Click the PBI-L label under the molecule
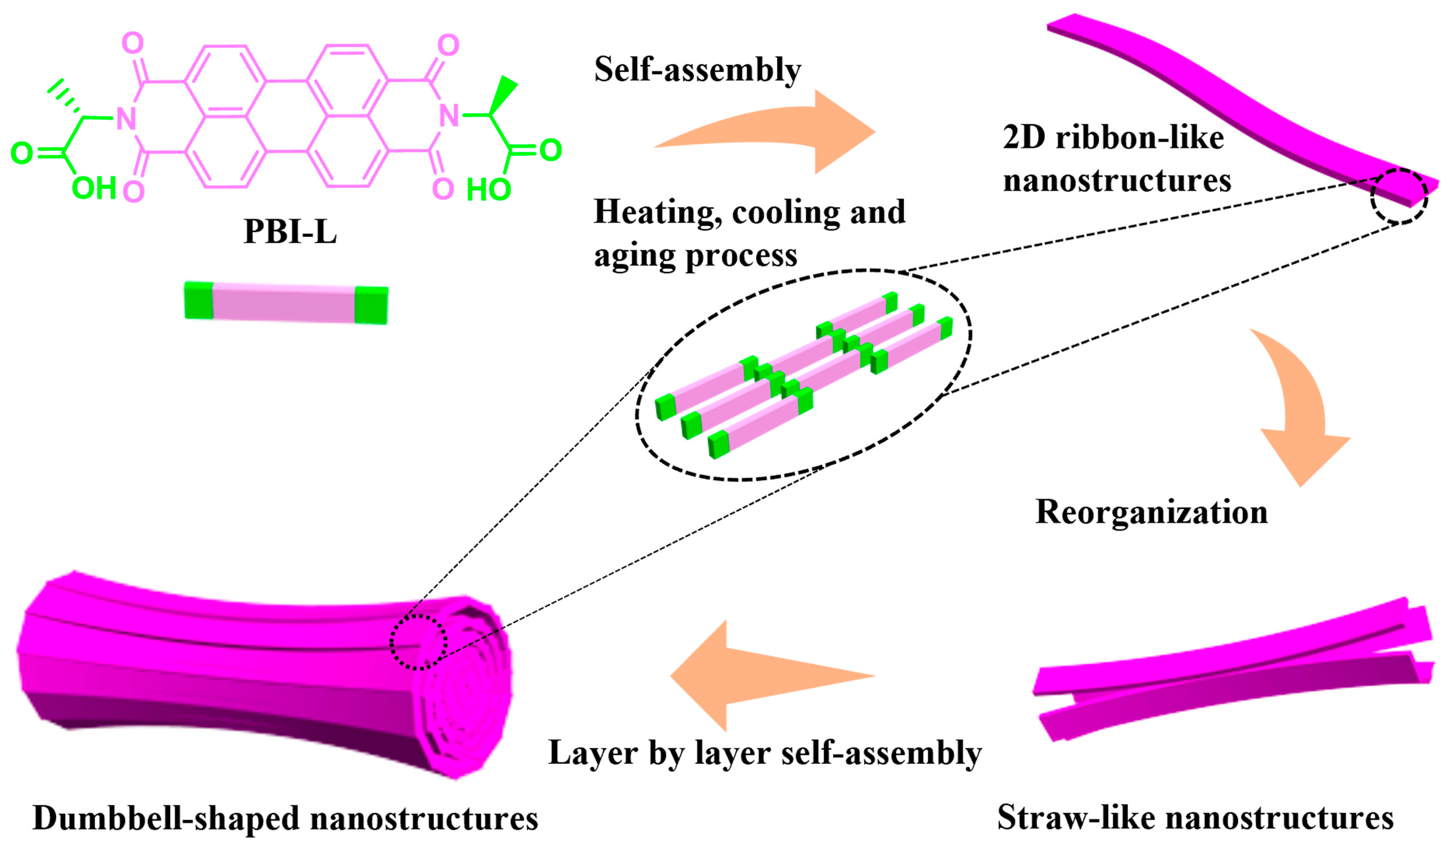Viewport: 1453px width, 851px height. point(290,231)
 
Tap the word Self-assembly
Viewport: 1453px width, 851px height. point(698,70)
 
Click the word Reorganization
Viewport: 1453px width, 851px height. point(1151,512)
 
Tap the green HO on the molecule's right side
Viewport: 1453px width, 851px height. point(489,190)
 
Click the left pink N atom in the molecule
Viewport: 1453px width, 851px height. point(126,118)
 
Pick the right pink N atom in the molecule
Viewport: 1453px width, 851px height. point(449,115)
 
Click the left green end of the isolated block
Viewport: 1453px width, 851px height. point(199,301)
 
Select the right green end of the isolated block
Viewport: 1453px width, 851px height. point(371,304)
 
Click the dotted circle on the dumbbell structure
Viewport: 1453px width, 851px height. point(419,642)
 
